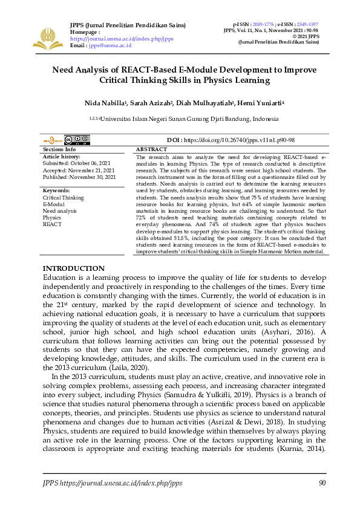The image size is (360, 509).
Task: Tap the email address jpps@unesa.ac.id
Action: tap(110, 45)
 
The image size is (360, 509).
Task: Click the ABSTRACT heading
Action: tap(151, 149)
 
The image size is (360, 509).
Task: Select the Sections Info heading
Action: tap(59, 149)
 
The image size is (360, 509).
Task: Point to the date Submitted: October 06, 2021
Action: tap(76, 163)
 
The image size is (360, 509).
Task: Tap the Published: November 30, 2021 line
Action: tap(79, 177)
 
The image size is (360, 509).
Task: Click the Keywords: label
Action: tap(56, 190)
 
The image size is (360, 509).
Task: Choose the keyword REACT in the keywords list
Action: tap(52, 224)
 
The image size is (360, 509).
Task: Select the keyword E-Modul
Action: tap(53, 204)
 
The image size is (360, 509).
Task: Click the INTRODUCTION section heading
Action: tap(74, 268)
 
